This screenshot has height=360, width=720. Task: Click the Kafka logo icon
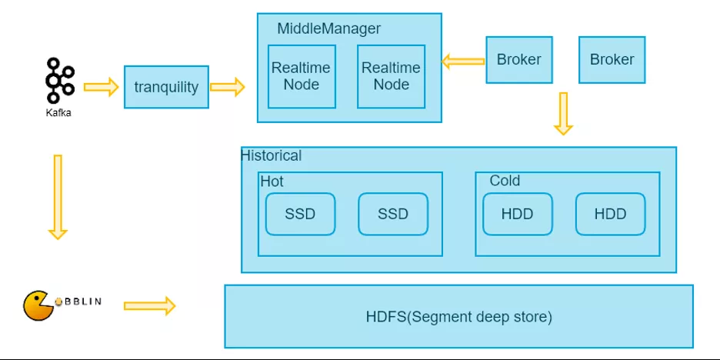[x=60, y=80]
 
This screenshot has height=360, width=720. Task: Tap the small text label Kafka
[x=58, y=112]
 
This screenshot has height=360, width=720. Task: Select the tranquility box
[x=166, y=87]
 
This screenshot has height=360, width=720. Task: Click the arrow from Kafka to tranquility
[x=101, y=87]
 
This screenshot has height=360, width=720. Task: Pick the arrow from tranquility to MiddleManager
[x=227, y=87]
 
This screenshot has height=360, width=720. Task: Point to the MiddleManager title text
[x=328, y=29]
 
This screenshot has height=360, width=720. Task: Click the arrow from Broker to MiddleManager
[x=463, y=61]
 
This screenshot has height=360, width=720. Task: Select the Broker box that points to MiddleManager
[x=519, y=60]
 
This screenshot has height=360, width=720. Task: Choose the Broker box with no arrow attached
[x=612, y=60]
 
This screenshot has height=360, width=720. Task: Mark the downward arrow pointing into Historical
[x=563, y=113]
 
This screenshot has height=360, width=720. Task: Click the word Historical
[x=272, y=155]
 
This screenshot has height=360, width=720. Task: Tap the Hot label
[x=272, y=181]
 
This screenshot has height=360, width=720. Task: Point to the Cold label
[x=505, y=181]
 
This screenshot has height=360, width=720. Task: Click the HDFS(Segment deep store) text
[x=458, y=317]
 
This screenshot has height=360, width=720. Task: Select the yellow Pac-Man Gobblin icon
[x=37, y=305]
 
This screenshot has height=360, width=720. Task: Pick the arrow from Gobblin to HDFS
[x=150, y=306]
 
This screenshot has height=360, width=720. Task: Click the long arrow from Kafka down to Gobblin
[x=58, y=197]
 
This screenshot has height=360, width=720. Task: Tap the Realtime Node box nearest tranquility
[x=302, y=77]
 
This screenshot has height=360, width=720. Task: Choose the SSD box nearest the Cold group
[x=393, y=214]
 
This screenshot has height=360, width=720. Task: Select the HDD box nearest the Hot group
[x=518, y=214]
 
